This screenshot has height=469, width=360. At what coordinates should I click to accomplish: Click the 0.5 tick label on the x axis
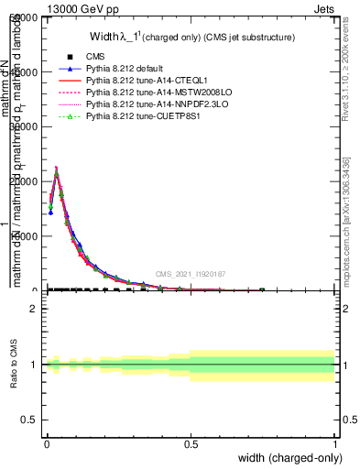click(x=191, y=444)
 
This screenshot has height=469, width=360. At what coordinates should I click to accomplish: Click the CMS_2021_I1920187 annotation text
click(x=191, y=274)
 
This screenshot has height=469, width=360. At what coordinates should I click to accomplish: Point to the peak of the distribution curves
click(x=56, y=169)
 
